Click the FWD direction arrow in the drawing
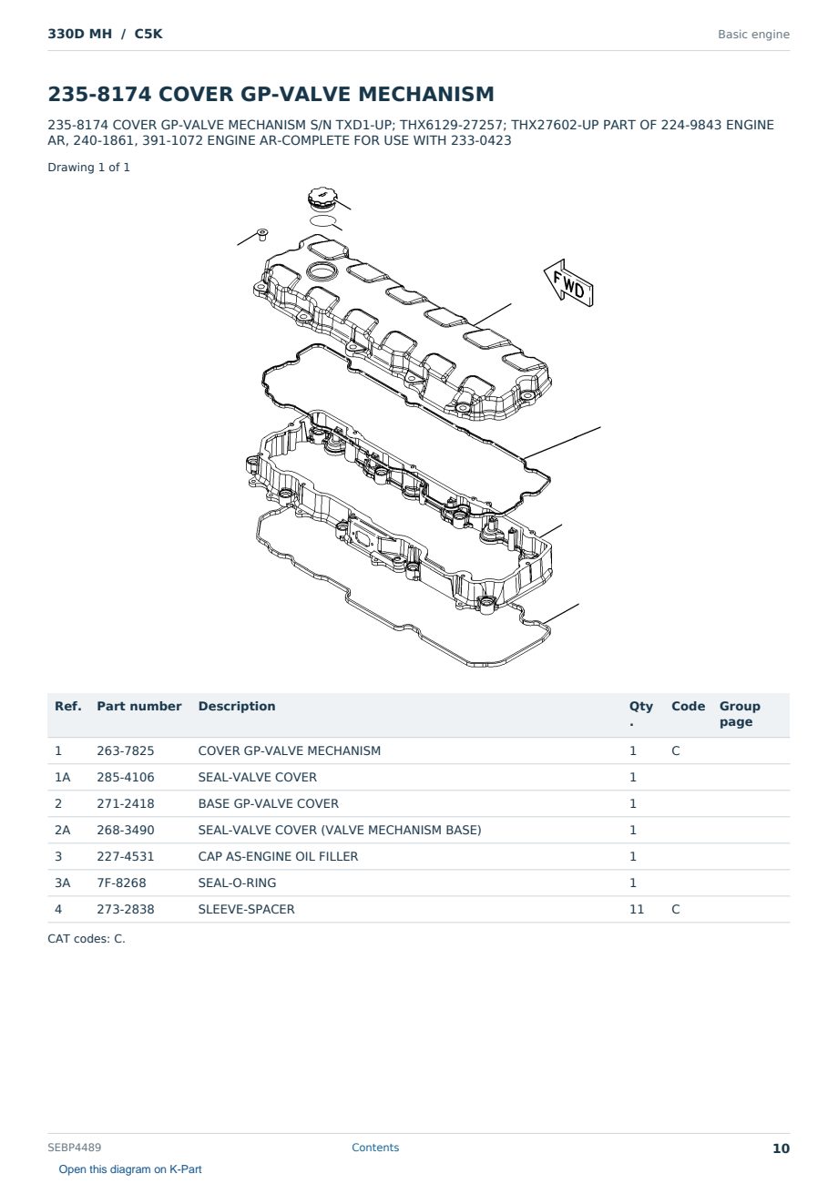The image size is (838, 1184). click(x=569, y=284)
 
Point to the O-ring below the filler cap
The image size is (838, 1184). click(x=322, y=220)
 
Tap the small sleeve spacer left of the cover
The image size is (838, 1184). click(x=261, y=234)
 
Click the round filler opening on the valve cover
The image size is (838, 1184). click(x=322, y=272)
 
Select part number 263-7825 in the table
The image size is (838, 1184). click(x=126, y=750)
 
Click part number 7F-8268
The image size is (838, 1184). click(x=121, y=883)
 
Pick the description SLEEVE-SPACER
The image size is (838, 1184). click(x=246, y=909)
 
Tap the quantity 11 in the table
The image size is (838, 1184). click(x=637, y=909)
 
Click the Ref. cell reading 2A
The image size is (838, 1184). click(x=62, y=830)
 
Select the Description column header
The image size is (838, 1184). click(x=237, y=706)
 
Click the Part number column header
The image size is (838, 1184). click(x=139, y=706)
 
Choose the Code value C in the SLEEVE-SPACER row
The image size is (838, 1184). click(x=676, y=909)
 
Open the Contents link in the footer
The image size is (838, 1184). click(x=375, y=1148)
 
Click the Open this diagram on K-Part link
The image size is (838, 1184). click(x=130, y=1169)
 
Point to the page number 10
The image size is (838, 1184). click(x=781, y=1148)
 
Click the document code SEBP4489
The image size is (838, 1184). click(x=74, y=1148)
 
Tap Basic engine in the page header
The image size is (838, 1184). click(x=753, y=35)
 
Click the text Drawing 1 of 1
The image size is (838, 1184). click(x=89, y=168)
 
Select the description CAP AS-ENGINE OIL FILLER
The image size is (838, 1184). click(x=278, y=856)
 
